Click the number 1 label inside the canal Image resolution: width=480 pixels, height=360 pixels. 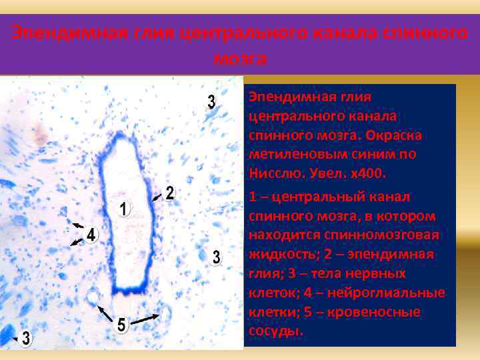pos(124,209)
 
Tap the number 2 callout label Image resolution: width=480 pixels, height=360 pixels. pos(169,194)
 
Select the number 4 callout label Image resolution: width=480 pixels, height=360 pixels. pos(91,235)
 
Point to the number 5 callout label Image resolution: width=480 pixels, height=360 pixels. pos(121,325)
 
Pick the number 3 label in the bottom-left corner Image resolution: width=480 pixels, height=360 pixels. pos(25,338)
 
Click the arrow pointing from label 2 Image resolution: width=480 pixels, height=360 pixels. pos(157,197)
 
